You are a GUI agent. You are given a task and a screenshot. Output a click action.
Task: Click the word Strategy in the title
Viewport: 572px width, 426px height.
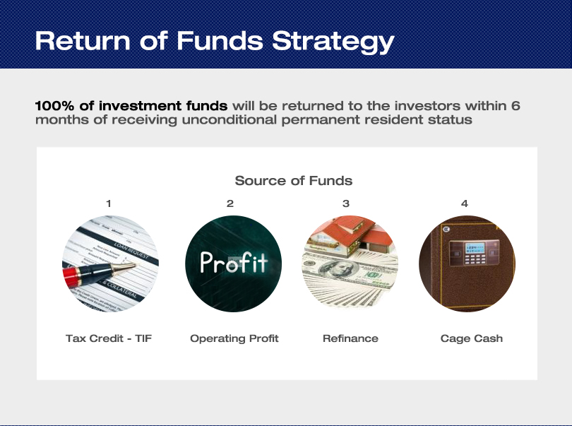(x=333, y=41)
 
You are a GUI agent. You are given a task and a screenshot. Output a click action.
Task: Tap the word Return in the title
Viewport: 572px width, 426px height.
(x=83, y=40)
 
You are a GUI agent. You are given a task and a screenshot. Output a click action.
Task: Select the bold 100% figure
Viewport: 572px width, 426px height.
(x=54, y=105)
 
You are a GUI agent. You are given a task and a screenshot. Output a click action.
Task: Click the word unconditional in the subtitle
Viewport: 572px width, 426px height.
(x=230, y=119)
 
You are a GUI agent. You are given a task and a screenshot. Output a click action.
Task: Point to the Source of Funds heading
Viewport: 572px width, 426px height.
(x=294, y=180)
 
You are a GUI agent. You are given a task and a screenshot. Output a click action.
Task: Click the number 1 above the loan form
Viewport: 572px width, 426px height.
(x=109, y=203)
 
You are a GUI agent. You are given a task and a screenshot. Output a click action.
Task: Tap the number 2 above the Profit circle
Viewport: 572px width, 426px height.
(x=230, y=203)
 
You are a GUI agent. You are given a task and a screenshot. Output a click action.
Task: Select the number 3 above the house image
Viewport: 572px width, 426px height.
(x=346, y=203)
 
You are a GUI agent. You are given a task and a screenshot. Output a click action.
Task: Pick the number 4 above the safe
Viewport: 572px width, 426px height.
(x=465, y=203)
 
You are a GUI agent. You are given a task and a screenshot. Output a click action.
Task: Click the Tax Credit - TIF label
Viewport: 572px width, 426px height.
(x=109, y=338)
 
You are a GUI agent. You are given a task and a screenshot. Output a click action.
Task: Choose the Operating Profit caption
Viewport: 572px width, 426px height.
(x=234, y=338)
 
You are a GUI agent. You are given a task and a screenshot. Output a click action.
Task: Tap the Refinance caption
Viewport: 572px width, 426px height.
(x=350, y=338)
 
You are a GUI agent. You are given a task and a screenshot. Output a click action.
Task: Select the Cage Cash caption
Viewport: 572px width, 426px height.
(x=472, y=338)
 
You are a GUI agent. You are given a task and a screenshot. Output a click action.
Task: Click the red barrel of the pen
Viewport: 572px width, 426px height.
(x=71, y=278)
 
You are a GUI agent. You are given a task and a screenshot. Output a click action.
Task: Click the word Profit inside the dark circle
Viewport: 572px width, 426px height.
(x=234, y=262)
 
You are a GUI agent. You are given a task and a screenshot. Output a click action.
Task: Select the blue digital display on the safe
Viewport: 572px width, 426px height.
(x=475, y=248)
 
